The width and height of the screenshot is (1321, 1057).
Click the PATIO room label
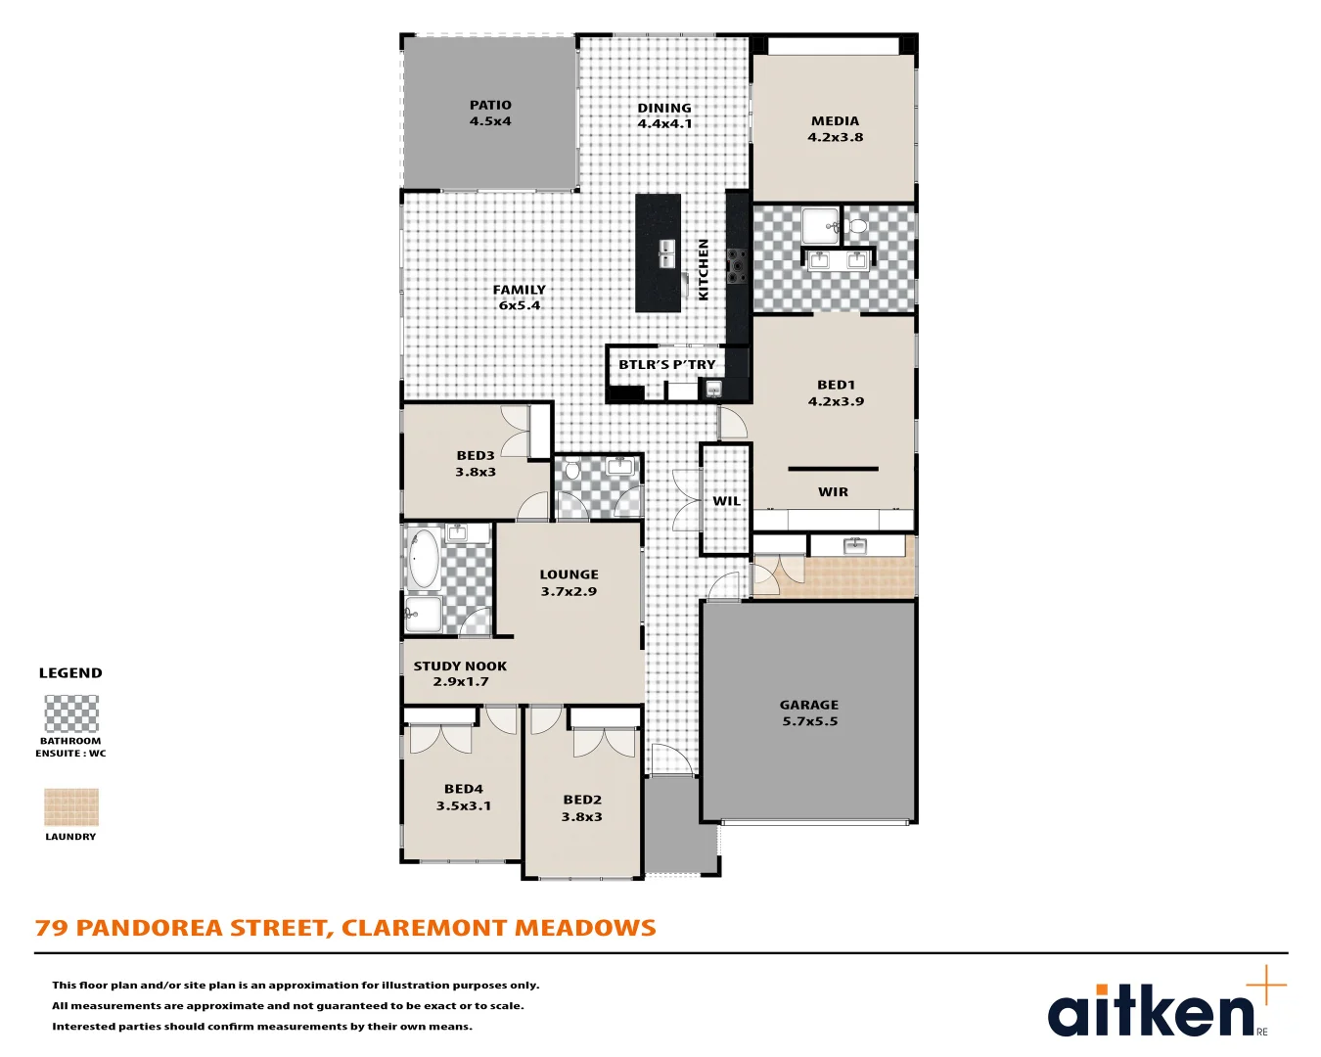pos(490,113)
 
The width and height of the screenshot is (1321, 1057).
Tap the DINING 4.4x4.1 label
pos(664,115)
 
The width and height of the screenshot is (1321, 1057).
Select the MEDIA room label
pos(835,129)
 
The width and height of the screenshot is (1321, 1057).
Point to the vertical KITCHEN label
pos(703,269)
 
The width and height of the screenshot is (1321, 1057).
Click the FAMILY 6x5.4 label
pos(520,297)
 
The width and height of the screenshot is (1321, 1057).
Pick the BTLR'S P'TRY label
pos(666,365)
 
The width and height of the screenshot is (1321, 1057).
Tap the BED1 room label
pos(836,392)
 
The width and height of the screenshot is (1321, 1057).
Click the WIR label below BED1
pos(833,492)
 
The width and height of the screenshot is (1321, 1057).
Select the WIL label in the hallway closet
pos(726,501)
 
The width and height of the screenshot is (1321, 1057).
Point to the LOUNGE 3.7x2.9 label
pos(569,582)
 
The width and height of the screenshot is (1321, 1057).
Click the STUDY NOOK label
pos(460,673)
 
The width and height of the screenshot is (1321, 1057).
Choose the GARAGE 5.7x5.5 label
pos(809,712)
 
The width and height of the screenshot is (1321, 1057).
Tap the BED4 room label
pos(464,797)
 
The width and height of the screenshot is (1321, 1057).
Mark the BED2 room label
pos(582,807)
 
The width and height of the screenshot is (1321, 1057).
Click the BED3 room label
pos(476,463)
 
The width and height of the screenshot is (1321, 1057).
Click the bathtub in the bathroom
pos(424,559)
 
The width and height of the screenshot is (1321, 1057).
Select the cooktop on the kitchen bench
pos(736,266)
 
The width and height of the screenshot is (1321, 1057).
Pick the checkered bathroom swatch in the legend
pos(71,713)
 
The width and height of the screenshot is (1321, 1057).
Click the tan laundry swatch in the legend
pos(71,807)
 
